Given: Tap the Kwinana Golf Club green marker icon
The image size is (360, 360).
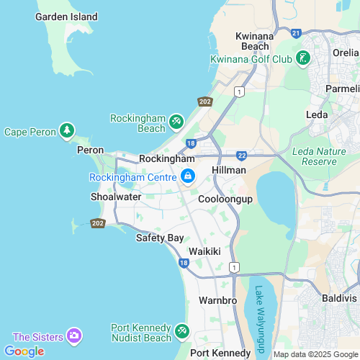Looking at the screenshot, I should click(x=304, y=58).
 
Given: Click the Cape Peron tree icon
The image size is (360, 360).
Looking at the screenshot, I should click(x=67, y=131).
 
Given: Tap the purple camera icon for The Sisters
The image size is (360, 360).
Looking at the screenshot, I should click(x=73, y=336).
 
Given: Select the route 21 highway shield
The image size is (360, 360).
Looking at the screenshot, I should click(x=296, y=32).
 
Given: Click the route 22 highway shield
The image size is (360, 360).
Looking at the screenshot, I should click(x=242, y=155).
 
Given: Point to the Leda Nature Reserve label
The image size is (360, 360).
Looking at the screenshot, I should click(x=315, y=156).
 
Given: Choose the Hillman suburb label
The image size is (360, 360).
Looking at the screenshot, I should click(x=229, y=170).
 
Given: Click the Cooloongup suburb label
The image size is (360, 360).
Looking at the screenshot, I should click(x=225, y=199).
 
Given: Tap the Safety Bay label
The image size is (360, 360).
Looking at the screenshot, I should click(x=159, y=238).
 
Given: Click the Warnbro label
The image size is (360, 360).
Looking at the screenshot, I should click(x=212, y=300).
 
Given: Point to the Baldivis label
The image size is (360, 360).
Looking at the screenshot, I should click(x=340, y=297).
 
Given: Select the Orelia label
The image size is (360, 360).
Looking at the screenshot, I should click(x=345, y=53).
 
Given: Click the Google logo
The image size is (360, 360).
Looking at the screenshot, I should click(x=24, y=351).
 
